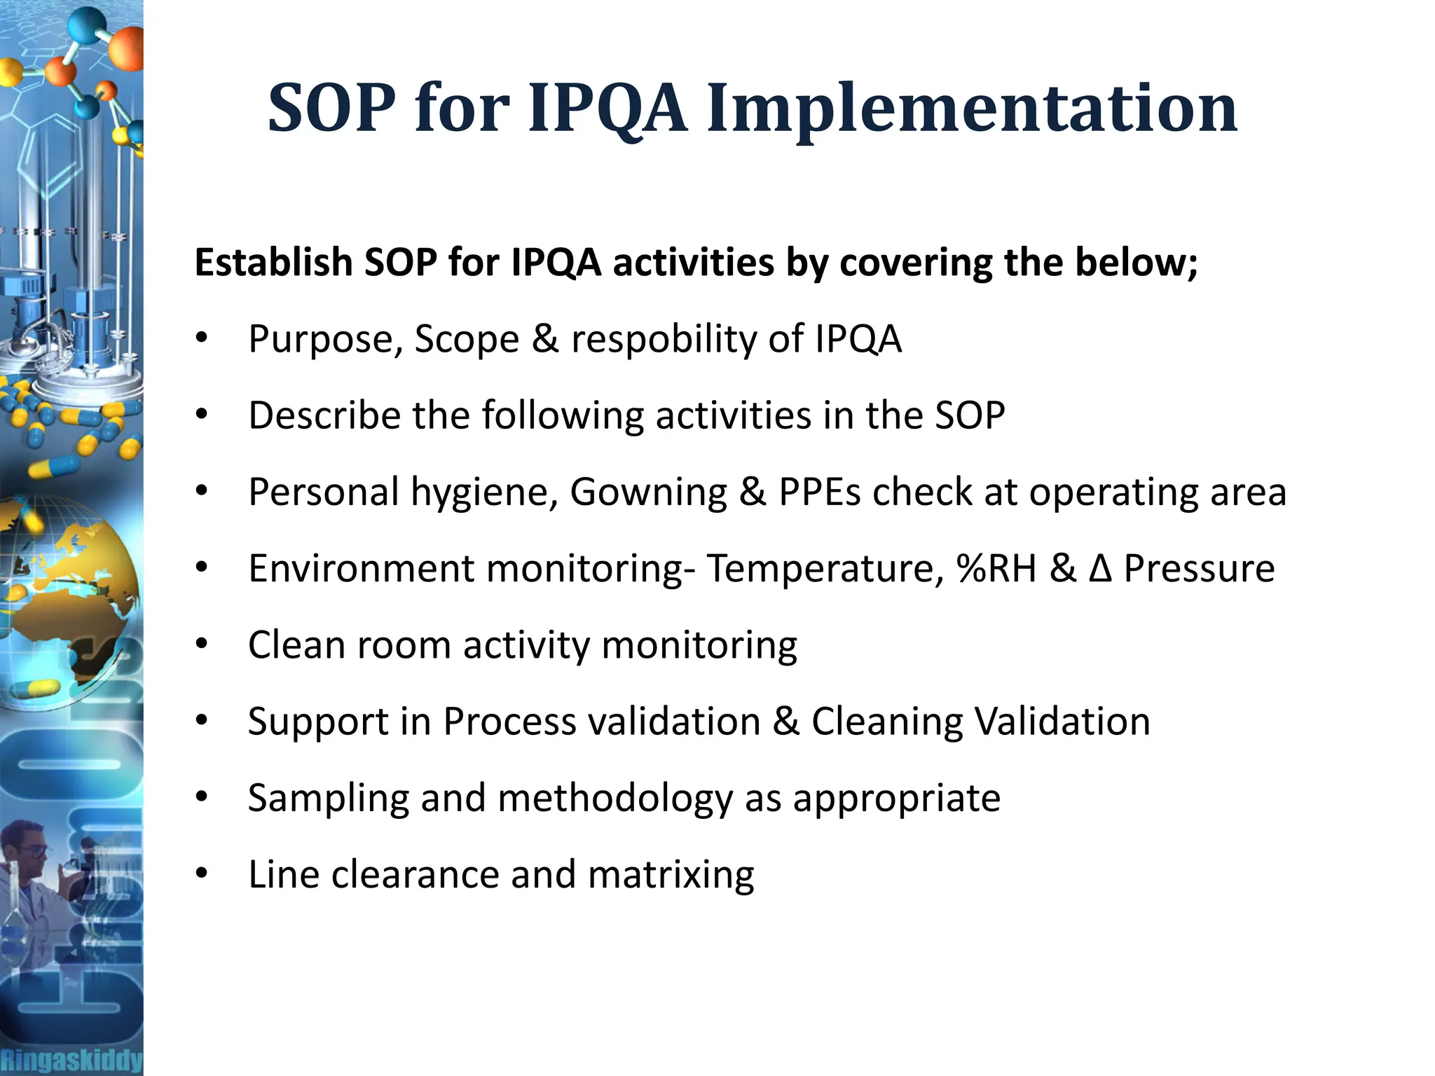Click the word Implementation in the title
coord(972,109)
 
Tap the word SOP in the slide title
coord(331,109)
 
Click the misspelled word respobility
coord(664,339)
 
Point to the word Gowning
coord(648,492)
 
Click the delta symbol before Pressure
coord(1100,568)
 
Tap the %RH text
coord(996,568)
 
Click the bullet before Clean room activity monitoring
coord(202,644)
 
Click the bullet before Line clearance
coord(202,874)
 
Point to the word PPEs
coord(819,492)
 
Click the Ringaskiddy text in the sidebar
coord(71,1060)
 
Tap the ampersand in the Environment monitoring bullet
coord(1062,568)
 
